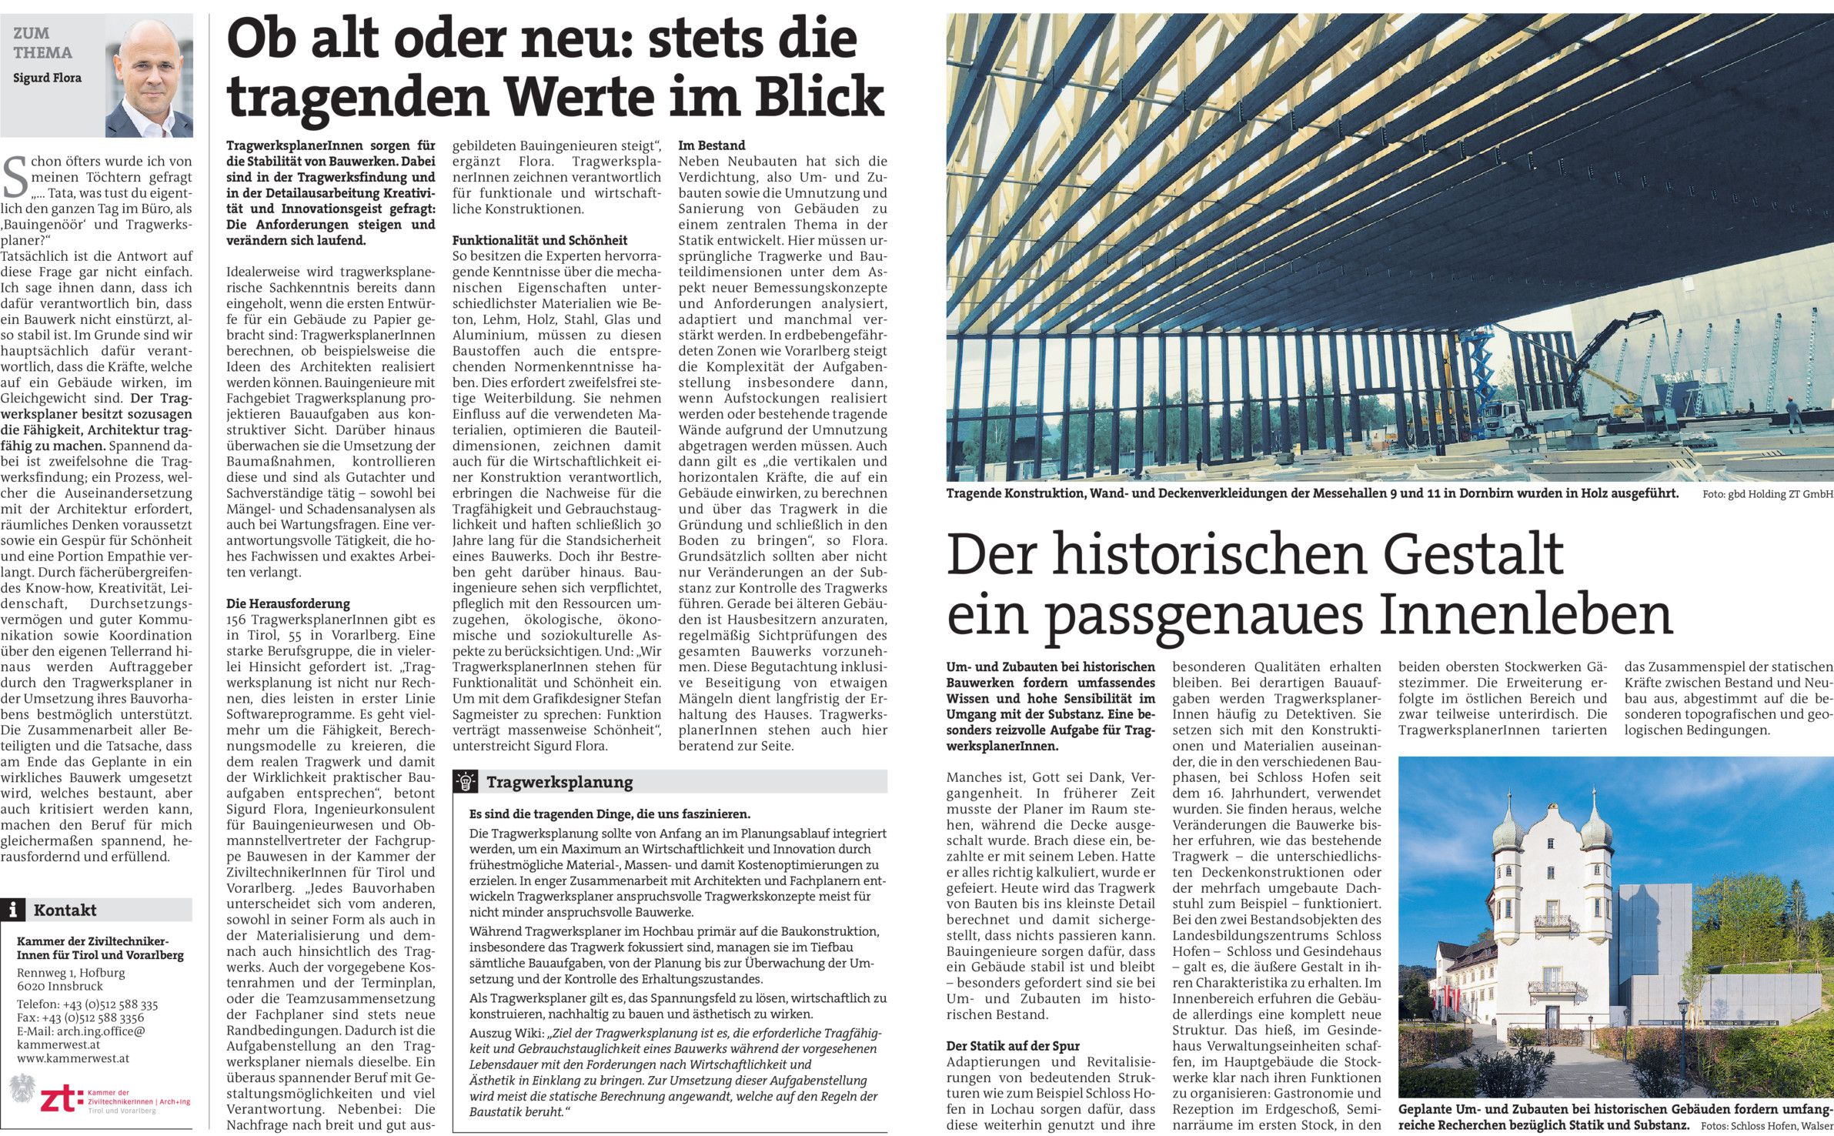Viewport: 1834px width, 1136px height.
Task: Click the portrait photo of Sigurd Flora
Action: coord(149,78)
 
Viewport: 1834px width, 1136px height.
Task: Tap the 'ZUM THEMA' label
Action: coord(42,43)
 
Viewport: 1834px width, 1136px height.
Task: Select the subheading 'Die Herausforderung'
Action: coord(288,603)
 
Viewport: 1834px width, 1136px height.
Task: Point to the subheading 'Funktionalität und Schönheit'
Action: coord(540,240)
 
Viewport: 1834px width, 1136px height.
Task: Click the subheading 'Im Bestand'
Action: coord(711,145)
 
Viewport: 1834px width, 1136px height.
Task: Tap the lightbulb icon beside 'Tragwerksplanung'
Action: coord(466,782)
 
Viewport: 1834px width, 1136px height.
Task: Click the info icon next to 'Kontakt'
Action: coord(12,910)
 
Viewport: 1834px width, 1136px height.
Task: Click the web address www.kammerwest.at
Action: coord(73,1058)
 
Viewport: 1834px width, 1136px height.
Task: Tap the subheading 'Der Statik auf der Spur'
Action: coord(1013,1046)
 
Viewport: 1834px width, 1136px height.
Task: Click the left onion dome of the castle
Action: coord(1508,831)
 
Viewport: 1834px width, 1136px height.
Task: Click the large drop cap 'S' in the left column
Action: coord(15,176)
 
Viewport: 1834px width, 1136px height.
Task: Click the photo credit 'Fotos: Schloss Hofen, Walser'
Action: coord(1767,1126)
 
